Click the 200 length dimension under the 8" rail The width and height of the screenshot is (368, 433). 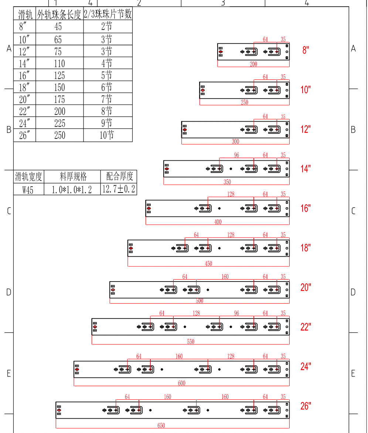tap(253, 64)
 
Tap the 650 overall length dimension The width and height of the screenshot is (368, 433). tap(161, 426)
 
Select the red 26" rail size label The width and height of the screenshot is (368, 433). tap(306, 406)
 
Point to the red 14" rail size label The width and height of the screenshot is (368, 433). tap(306, 169)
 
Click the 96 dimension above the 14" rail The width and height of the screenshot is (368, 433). tap(236, 155)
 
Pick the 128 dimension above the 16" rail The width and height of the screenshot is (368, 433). tap(231, 194)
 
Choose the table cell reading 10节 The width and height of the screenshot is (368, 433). tap(107, 135)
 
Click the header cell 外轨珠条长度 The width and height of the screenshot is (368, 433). tap(59, 14)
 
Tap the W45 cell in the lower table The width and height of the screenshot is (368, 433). tap(28, 190)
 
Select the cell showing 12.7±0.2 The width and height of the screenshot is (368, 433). tap(119, 190)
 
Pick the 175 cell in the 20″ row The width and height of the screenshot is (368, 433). tap(59, 99)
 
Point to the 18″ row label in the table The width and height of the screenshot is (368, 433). tap(24, 88)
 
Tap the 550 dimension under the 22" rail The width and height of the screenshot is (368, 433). tap(190, 342)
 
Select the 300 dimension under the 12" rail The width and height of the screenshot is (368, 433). tap(235, 142)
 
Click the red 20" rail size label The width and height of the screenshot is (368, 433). tap(306, 287)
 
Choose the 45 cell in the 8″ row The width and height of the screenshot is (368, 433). tap(58, 27)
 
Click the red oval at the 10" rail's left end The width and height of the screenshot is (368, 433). tap(202, 90)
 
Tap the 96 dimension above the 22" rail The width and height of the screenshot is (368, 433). tap(236, 313)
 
